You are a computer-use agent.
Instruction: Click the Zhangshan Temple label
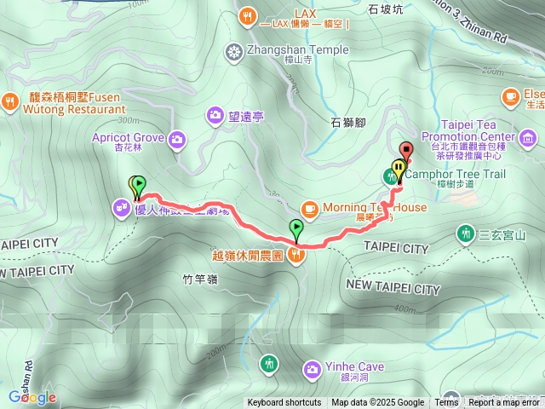297,50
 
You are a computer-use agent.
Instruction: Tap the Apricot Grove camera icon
178,138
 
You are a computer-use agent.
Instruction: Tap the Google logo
32,397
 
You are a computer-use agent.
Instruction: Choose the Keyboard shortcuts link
284,403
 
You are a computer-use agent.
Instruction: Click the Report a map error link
504,403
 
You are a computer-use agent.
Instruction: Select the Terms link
446,403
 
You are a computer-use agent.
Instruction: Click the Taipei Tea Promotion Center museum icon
527,137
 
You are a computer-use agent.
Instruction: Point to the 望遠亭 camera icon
216,114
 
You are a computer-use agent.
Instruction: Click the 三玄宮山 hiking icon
465,232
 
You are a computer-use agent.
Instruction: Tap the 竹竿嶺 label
200,277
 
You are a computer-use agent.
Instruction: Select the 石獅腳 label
347,123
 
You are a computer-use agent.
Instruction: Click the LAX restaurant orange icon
247,14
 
